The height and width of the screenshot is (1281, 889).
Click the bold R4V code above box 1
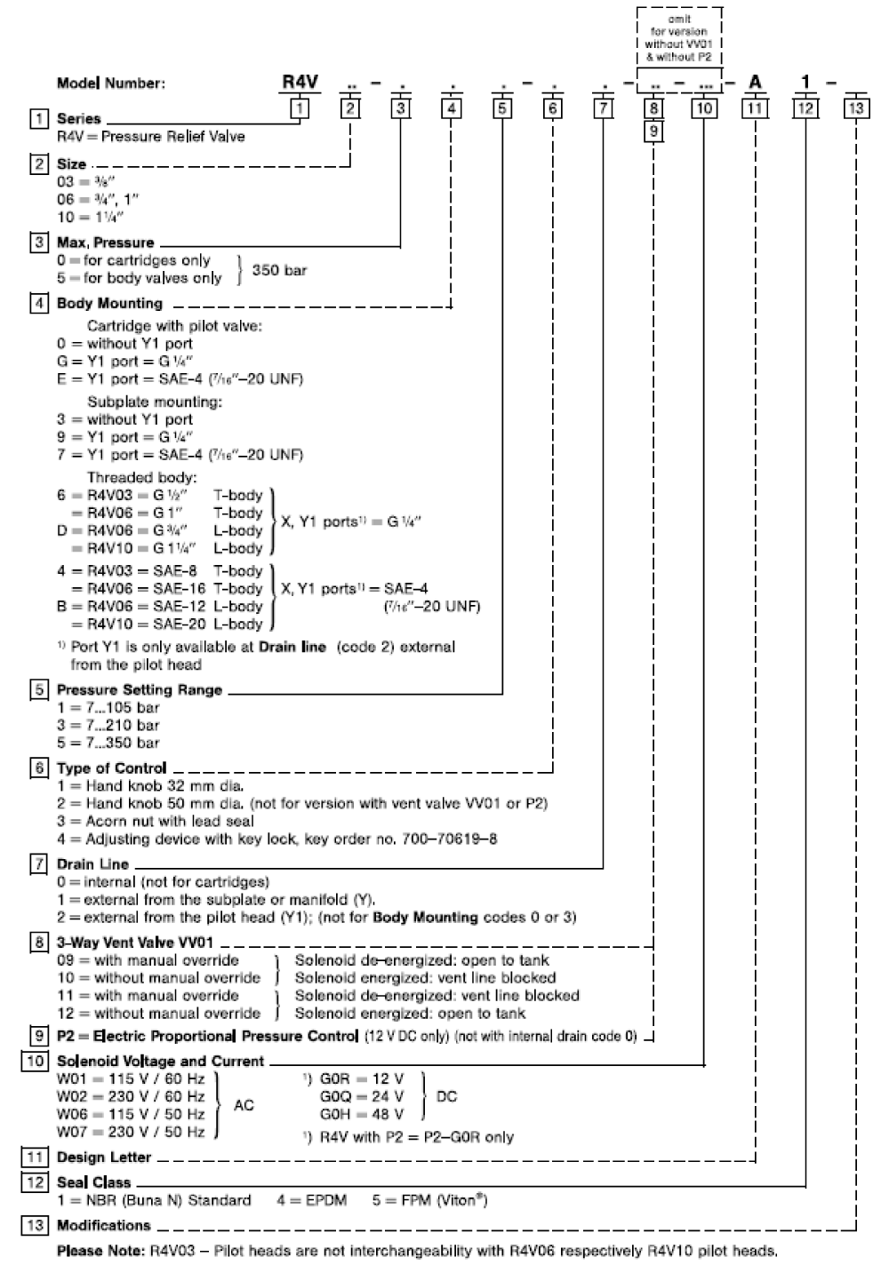pos(300,82)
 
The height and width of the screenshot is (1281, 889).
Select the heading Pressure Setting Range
pos(139,689)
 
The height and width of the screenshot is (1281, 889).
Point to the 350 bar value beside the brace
pos(279,269)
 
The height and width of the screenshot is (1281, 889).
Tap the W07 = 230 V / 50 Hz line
pos(131,1132)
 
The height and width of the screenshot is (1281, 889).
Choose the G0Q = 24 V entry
pos(362,1096)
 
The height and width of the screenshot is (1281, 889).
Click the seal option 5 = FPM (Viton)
pos(429,1200)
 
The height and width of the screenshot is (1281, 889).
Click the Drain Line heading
pos(92,863)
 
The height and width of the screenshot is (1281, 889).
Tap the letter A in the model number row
pos(755,83)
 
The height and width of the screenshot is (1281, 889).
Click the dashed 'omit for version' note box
pos(679,37)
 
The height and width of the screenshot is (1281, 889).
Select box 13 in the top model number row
pos(856,108)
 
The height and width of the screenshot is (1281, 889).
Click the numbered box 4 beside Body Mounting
pos(39,303)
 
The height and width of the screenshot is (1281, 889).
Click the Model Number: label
pos(111,84)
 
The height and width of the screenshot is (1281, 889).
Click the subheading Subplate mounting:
pos(154,402)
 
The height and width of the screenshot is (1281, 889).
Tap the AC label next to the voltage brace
pos(244,1105)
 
